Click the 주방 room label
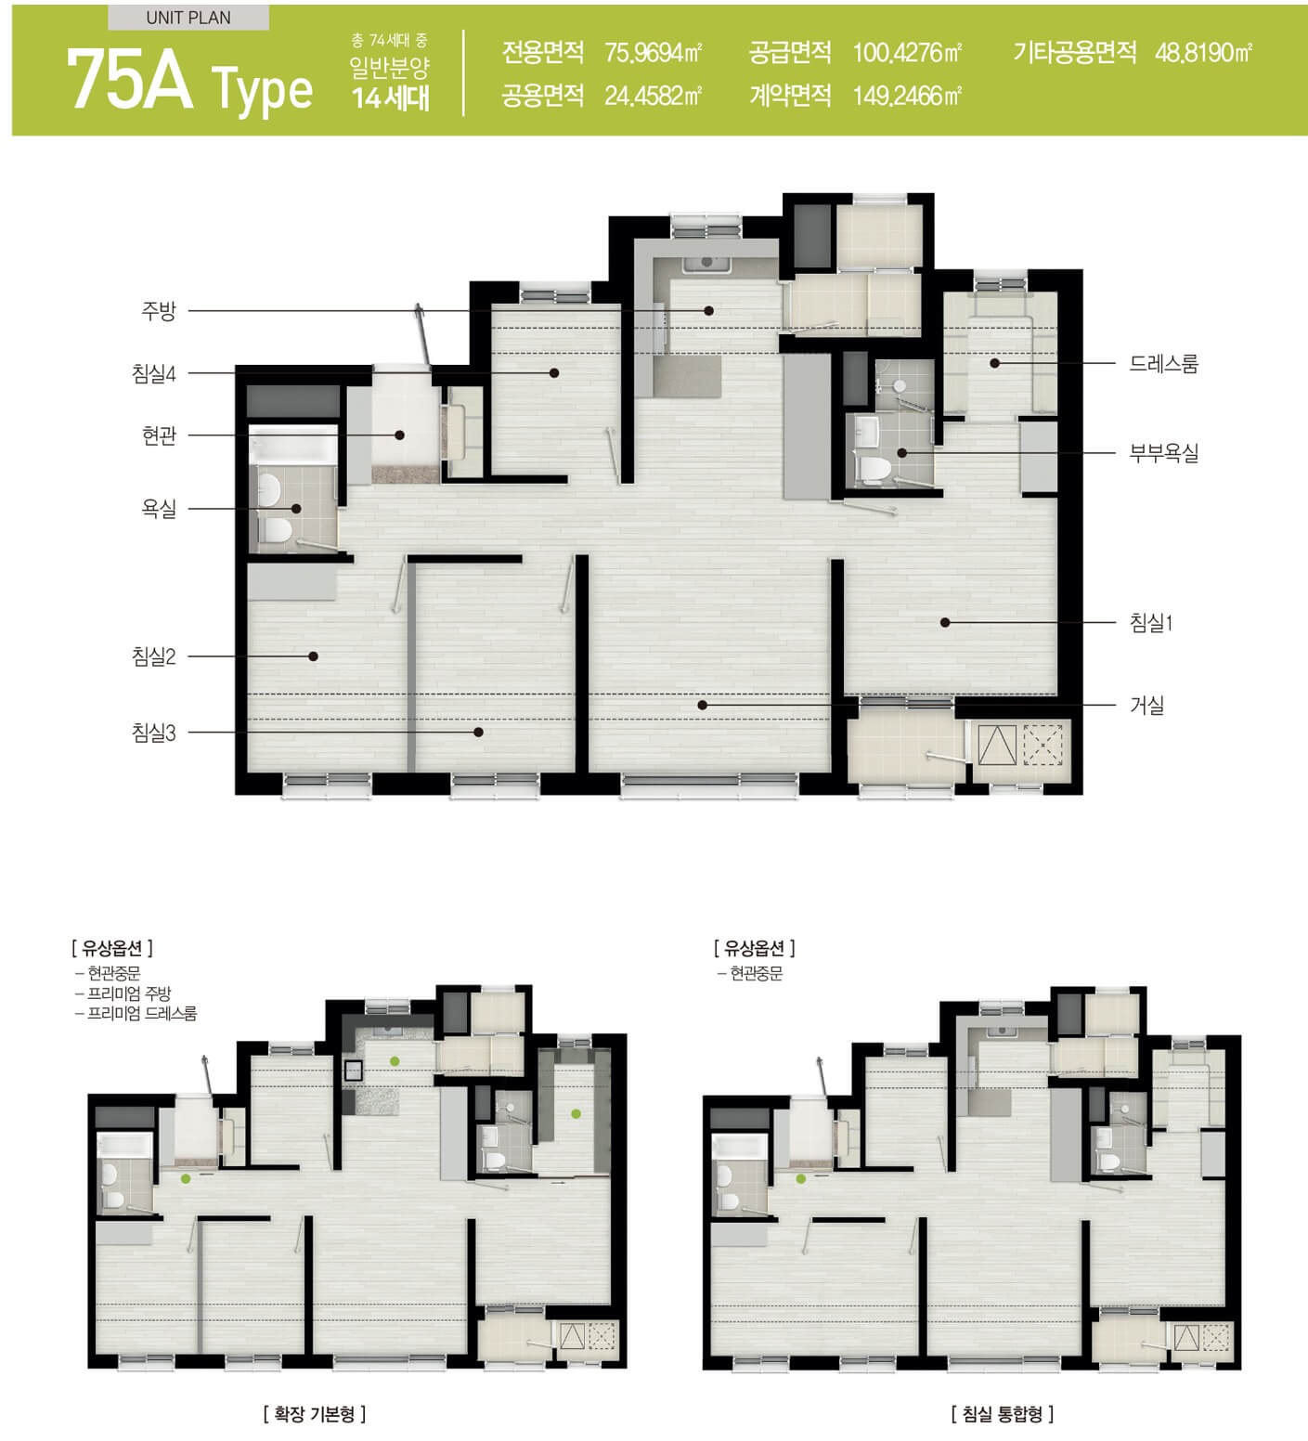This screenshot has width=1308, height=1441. pyautogui.click(x=159, y=311)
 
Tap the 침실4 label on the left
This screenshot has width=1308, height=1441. pyautogui.click(x=154, y=373)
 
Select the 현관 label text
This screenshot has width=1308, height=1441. pyautogui.click(x=159, y=435)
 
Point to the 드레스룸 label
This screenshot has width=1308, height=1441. pyautogui.click(x=1163, y=363)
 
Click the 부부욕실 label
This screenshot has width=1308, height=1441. pyautogui.click(x=1163, y=453)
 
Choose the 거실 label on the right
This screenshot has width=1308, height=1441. pyautogui.click(x=1146, y=706)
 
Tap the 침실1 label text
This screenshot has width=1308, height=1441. pyautogui.click(x=1151, y=623)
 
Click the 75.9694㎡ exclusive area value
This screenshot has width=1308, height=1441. pyautogui.click(x=653, y=52)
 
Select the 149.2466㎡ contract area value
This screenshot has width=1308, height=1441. pyautogui.click(x=907, y=96)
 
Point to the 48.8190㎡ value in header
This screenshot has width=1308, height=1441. pyautogui.click(x=1203, y=52)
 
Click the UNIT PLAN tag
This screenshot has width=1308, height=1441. pyautogui.click(x=188, y=18)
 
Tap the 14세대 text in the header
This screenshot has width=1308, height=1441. pyautogui.click(x=391, y=97)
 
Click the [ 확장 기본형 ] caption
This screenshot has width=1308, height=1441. pyautogui.click(x=315, y=1414)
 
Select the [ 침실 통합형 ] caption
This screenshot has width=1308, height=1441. pyautogui.click(x=1002, y=1414)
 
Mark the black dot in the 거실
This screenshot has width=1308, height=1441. pyautogui.click(x=703, y=706)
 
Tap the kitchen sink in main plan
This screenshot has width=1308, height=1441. pyautogui.click(x=707, y=264)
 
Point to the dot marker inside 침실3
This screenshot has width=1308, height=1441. pyautogui.click(x=478, y=733)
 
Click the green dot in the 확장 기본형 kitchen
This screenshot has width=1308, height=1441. pyautogui.click(x=395, y=1060)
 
